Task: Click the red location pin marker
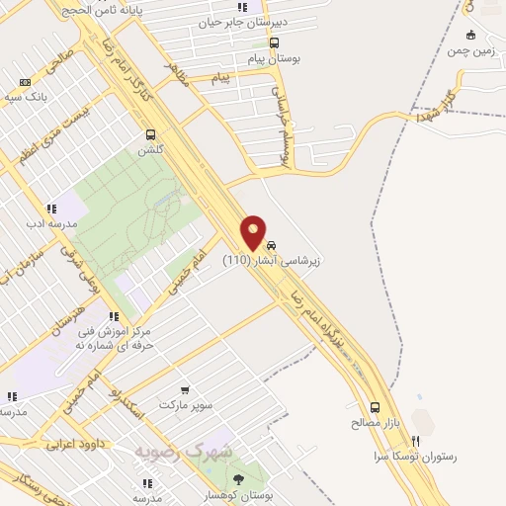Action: (x=254, y=233)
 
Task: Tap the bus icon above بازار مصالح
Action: (x=375, y=406)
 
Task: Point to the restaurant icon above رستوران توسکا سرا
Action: (x=416, y=441)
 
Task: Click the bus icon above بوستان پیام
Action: (x=275, y=42)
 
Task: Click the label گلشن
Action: (x=150, y=149)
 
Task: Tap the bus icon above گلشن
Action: (x=150, y=134)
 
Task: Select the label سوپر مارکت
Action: (x=185, y=405)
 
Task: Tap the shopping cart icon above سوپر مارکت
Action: (x=185, y=389)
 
